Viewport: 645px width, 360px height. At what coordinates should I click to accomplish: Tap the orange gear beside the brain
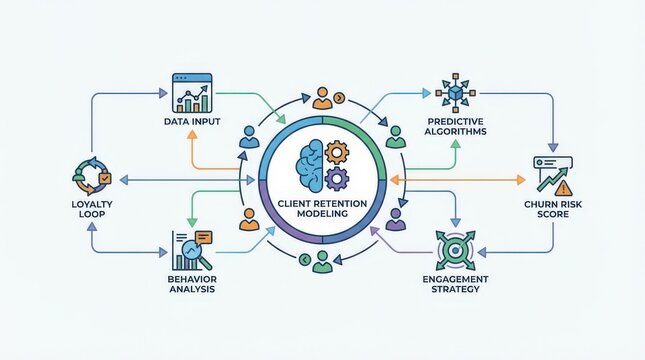(337, 154)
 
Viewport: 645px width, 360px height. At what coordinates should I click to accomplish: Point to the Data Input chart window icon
(194, 91)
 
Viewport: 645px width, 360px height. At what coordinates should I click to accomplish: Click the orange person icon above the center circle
(321, 97)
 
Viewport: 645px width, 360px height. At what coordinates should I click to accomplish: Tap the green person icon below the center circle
(321, 262)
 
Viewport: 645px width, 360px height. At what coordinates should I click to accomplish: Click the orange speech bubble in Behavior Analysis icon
(203, 237)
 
